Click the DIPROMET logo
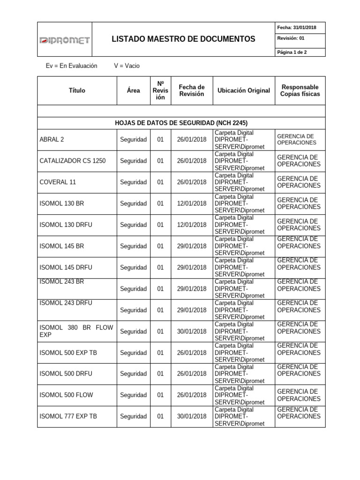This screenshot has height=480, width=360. pyautogui.click(x=64, y=41)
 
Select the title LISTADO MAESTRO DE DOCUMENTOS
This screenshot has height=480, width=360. pyautogui.click(x=183, y=39)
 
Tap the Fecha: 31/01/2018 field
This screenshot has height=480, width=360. pyautogui.click(x=297, y=28)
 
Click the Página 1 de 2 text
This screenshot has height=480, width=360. pyautogui.click(x=292, y=52)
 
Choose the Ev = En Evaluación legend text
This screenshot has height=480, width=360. pyautogui.click(x=71, y=66)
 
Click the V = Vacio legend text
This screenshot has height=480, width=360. pyautogui.click(x=127, y=66)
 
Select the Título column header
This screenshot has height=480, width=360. pyautogui.click(x=77, y=90)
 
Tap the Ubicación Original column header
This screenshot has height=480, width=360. pyautogui.click(x=243, y=90)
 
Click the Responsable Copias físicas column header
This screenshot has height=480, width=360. pyautogui.click(x=300, y=90)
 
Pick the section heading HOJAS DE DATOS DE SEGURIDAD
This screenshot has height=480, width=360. pyautogui.click(x=180, y=123)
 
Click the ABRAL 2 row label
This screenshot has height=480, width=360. pyautogui.click(x=52, y=139)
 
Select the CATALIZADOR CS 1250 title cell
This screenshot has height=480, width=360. pyautogui.click(x=73, y=161)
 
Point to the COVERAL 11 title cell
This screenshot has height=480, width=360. pyautogui.click(x=58, y=182)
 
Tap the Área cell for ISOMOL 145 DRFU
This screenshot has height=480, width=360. pyautogui.click(x=134, y=267)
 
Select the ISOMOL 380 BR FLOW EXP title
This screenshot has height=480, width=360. pyautogui.click(x=76, y=331)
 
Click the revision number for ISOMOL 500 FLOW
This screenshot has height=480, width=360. pyautogui.click(x=160, y=395)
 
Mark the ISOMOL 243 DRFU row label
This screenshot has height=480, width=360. pyautogui.click(x=66, y=303)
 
